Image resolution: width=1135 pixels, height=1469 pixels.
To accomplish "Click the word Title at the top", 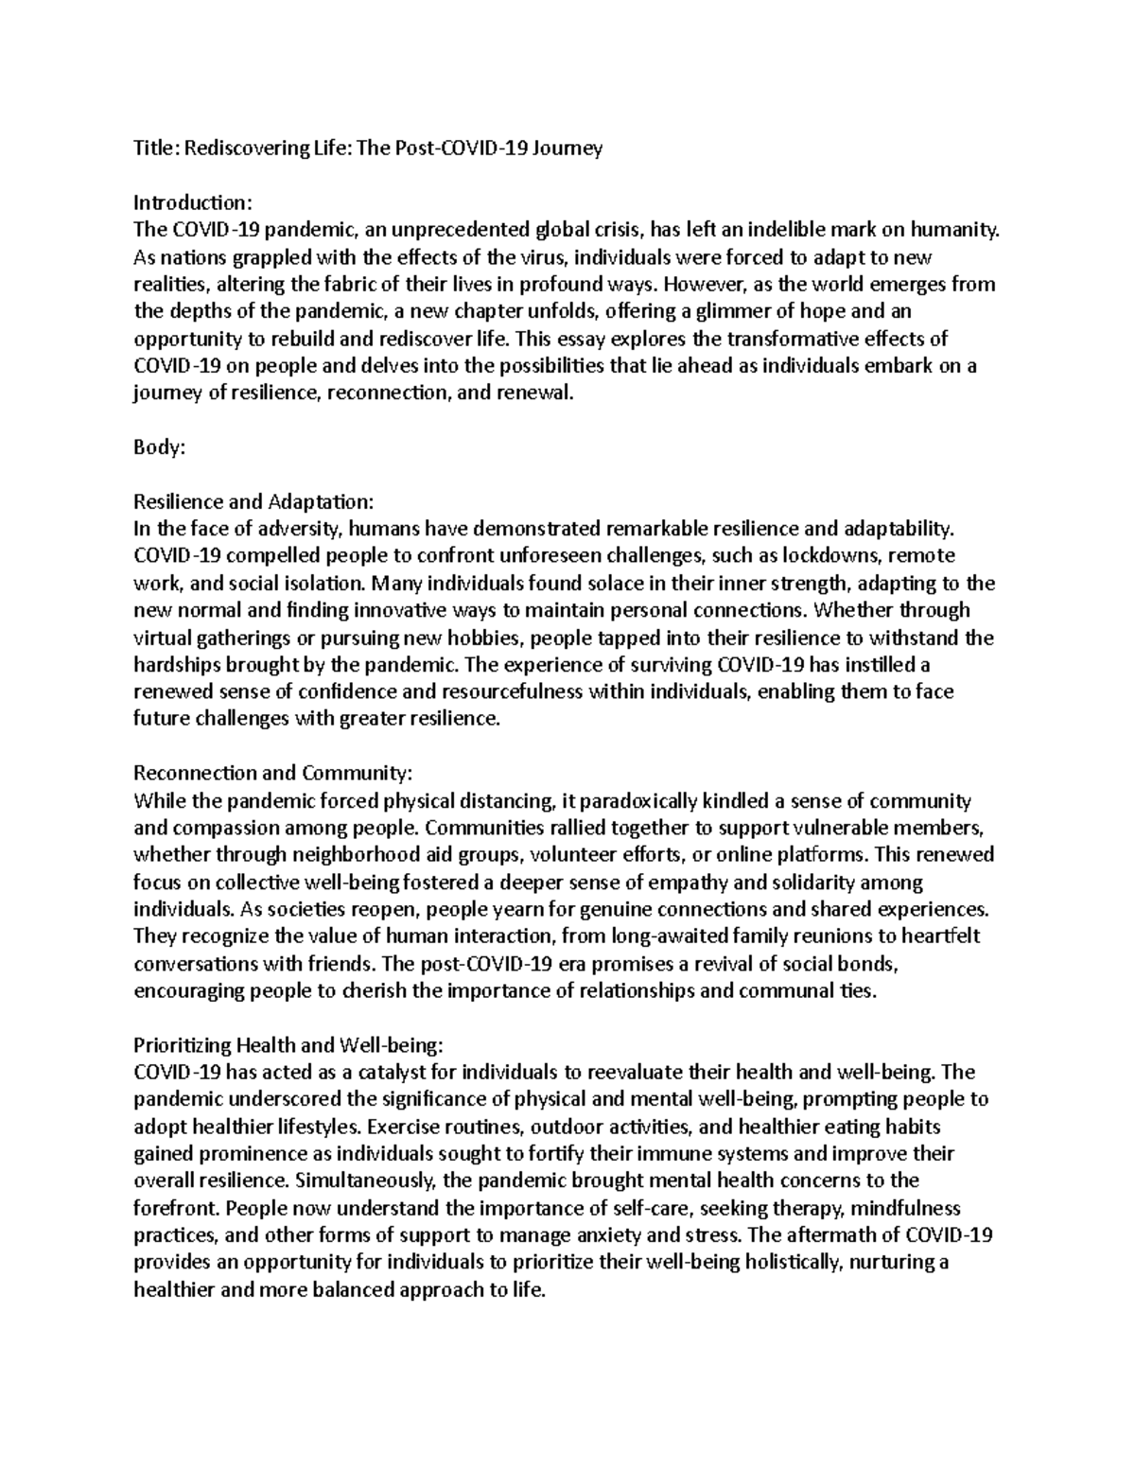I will coord(154,149).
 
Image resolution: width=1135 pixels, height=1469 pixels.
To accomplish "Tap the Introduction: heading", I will coord(193,202).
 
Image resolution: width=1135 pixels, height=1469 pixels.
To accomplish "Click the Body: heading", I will coord(159,448).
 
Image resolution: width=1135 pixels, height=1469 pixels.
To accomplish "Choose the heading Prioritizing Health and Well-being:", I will coord(288,1045).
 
